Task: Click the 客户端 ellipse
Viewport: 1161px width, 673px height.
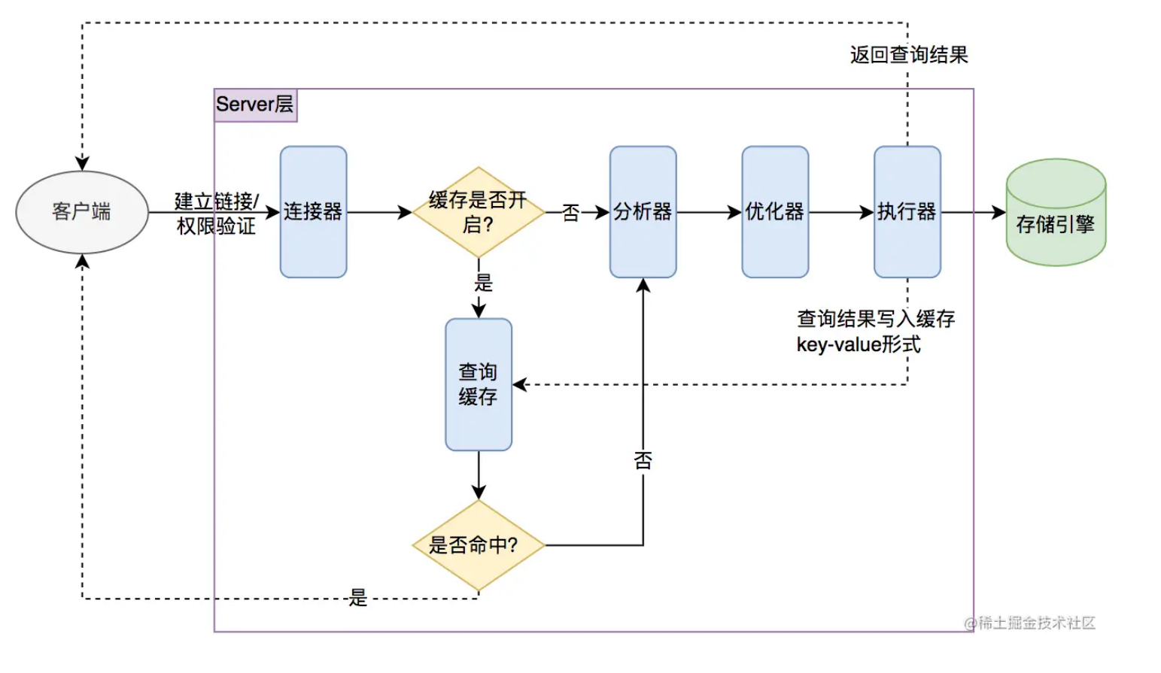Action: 82,212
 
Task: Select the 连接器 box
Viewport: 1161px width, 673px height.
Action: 313,212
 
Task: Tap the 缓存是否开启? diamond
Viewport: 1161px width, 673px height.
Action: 478,212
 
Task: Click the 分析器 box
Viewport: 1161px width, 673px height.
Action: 643,212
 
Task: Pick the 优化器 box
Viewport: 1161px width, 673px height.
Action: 775,212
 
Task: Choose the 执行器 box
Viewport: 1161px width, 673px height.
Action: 907,212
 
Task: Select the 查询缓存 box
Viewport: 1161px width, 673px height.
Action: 478,384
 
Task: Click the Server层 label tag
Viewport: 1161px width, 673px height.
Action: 255,105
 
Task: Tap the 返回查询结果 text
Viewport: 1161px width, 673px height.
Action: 909,55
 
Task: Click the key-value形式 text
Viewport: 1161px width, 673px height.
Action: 859,345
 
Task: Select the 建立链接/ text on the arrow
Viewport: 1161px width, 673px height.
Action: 217,201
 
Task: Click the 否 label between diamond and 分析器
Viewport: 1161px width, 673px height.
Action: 571,213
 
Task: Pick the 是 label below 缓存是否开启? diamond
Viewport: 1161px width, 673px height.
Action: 483,283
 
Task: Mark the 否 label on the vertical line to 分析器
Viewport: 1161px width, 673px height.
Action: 643,460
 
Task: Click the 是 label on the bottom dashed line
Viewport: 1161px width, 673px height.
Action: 358,598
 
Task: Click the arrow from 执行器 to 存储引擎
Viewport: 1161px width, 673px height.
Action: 973,213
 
